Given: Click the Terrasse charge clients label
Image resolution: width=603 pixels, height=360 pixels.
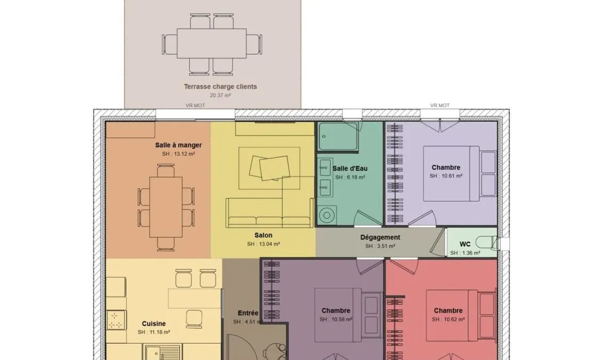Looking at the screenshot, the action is tap(220, 86).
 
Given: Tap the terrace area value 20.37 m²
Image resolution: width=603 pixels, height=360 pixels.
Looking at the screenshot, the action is tap(220, 95).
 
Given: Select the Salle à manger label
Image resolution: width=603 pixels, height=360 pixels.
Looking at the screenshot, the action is tap(179, 145).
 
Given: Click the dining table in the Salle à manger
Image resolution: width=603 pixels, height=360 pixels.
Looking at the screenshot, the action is tap(166, 207).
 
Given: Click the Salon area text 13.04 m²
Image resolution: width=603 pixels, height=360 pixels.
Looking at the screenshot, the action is tap(263, 244).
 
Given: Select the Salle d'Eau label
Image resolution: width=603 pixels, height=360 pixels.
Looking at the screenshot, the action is tap(350, 169).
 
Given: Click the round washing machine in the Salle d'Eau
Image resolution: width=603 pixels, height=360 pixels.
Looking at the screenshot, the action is tap(327, 215).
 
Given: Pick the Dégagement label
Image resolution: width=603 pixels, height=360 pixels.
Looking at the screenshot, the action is tap(380, 237).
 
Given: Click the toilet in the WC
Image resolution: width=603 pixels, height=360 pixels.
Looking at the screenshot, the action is tap(486, 242).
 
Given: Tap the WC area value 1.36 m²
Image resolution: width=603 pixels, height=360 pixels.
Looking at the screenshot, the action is tap(465, 253).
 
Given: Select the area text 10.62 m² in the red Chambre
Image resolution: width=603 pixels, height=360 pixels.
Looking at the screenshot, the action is tap(448, 319).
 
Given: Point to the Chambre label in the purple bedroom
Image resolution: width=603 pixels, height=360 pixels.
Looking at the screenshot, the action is tap(336, 310).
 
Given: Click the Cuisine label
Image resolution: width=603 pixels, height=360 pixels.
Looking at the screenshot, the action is tap(154, 324).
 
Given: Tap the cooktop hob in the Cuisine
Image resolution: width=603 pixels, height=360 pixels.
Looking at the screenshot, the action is tap(116, 320).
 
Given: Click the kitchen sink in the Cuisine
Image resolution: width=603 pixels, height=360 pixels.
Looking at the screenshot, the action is tap(162, 353).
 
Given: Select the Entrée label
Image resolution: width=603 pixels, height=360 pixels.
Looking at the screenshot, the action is tap(248, 313).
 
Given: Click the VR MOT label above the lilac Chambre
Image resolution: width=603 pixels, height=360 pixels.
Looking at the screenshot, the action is tap(439, 106).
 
